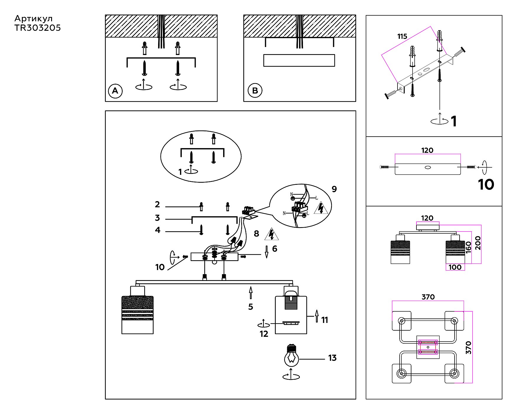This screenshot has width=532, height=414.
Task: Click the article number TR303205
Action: [38, 28]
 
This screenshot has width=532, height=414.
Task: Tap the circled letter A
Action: [115, 90]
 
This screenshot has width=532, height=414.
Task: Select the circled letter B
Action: [255, 90]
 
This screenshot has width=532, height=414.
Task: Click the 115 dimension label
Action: [402, 36]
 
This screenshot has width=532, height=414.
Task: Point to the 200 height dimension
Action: [478, 243]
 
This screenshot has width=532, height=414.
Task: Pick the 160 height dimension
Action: [468, 247]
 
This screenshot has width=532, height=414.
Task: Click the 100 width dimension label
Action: [455, 267]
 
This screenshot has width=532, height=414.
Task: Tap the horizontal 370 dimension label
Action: [428, 297]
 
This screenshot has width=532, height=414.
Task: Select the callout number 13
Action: [332, 358]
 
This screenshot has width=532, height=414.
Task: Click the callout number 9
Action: [334, 189]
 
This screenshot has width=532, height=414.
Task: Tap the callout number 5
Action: [251, 307]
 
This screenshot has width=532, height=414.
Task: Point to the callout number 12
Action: [264, 334]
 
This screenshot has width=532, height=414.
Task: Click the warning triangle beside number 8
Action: [272, 234]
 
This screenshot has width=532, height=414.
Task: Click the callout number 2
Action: [157, 204]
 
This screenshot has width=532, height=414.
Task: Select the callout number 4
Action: [158, 230]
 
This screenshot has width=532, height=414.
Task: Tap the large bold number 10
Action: [486, 185]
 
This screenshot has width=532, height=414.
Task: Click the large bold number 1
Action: [454, 121]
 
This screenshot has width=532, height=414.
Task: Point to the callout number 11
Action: [325, 320]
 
